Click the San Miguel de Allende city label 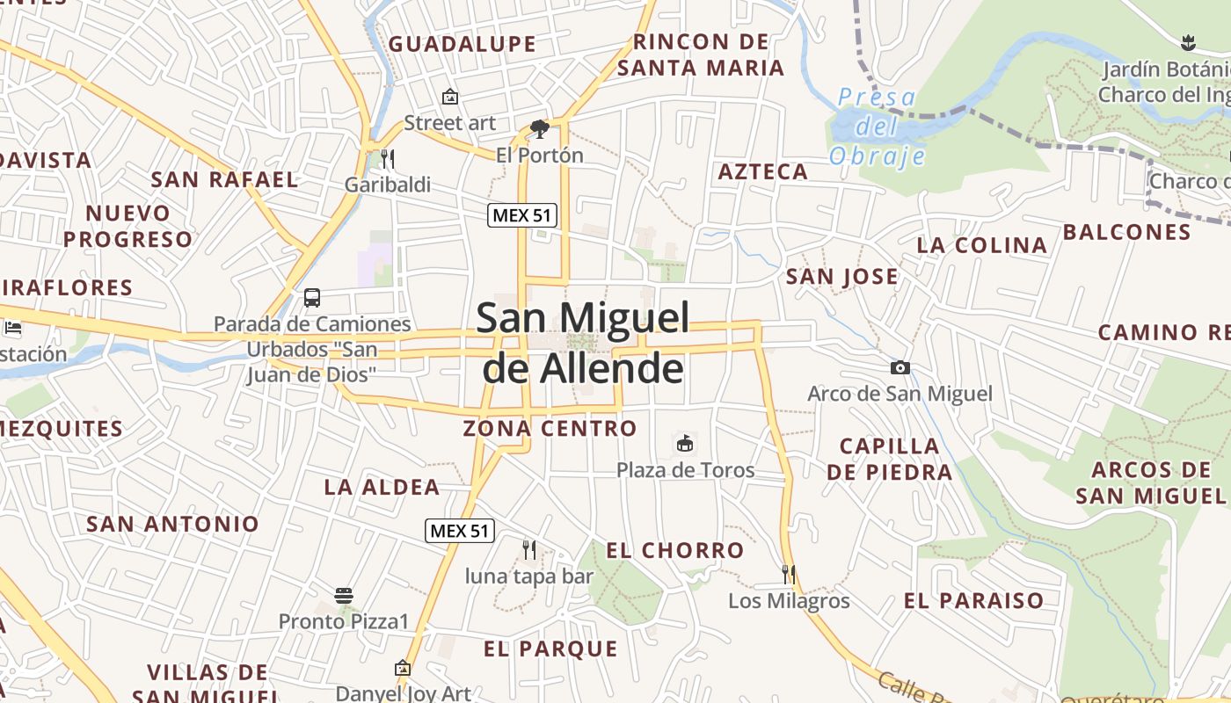pos(582,343)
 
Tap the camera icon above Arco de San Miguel pos(900,368)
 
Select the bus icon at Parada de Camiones pos(312,297)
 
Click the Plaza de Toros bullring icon pos(685,443)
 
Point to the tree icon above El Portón pos(540,130)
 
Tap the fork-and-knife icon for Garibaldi pos(387,159)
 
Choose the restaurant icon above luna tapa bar pos(529,550)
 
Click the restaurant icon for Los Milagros pos(789,575)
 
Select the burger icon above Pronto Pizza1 pos(344,596)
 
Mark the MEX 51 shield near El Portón pos(523,215)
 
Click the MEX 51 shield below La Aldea pos(460,531)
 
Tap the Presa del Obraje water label pos(877,127)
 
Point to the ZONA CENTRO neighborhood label pos(550,429)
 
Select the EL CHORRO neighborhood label pos(675,551)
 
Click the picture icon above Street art pos(450,97)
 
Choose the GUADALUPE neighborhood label pos(463,44)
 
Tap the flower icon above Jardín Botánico pos(1188,41)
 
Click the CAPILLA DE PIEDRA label pos(889,459)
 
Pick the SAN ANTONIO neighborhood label pos(173,525)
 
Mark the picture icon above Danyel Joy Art pos(403,668)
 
